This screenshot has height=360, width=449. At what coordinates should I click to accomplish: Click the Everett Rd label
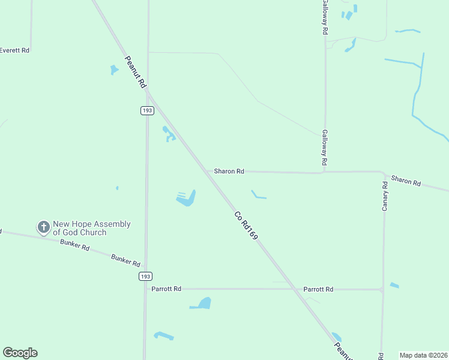(14, 50)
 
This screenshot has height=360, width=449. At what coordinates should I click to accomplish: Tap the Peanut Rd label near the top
(136, 73)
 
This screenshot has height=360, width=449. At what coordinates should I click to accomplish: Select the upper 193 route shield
(148, 110)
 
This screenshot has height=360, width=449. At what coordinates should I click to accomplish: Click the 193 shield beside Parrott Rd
(145, 276)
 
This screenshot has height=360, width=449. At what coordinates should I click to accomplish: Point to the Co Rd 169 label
(246, 226)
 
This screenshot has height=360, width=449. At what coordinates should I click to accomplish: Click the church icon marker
(44, 227)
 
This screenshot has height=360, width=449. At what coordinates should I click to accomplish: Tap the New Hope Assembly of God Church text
(91, 228)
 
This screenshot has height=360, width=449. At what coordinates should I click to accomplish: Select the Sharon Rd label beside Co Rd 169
(229, 171)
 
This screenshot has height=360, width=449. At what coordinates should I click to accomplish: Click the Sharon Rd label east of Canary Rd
(406, 180)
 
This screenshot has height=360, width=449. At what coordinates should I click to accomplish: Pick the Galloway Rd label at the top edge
(325, 17)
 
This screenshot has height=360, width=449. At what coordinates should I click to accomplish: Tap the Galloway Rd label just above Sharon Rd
(324, 148)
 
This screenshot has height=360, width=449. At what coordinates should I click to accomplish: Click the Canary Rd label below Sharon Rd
(385, 196)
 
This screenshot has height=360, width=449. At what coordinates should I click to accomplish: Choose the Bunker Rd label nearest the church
(75, 245)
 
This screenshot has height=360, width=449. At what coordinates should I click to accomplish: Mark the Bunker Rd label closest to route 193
(125, 260)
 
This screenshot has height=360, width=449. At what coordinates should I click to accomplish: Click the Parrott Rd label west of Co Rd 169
(166, 289)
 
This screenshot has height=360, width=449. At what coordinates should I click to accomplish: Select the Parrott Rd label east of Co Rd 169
(318, 289)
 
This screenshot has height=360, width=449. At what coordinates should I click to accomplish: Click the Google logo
(20, 353)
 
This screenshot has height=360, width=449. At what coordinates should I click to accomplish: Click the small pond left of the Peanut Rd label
(114, 70)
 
